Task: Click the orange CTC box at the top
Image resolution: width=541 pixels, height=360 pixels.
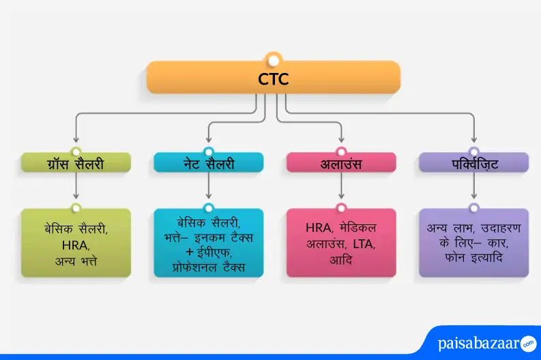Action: click(x=273, y=78)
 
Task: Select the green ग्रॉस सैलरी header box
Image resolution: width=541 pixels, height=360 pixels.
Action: click(x=75, y=163)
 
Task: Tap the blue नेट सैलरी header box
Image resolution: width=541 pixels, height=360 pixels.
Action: click(x=208, y=163)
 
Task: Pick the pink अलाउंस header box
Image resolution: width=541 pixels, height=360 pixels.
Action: click(x=340, y=163)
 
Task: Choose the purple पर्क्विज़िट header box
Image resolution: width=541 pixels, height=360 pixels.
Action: click(x=473, y=163)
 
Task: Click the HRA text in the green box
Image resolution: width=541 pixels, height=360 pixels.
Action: click(x=75, y=244)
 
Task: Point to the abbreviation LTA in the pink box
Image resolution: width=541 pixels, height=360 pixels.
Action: click(x=363, y=243)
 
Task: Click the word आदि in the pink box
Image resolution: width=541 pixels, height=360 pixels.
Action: click(x=340, y=260)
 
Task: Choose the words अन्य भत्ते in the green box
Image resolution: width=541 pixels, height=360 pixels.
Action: click(x=75, y=260)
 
